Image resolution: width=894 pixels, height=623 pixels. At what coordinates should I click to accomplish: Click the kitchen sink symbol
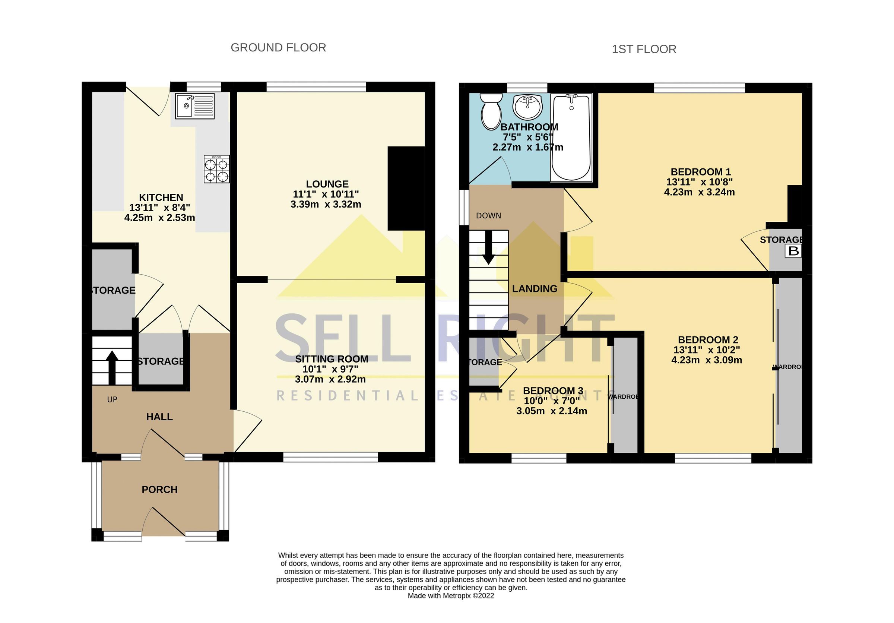[x=194, y=106]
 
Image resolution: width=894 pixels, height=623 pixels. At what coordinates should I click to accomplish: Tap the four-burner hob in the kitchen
[x=216, y=169]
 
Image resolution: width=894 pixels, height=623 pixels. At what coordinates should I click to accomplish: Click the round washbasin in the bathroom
[x=527, y=107]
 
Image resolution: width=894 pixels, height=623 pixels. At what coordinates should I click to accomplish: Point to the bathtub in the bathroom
[x=571, y=138]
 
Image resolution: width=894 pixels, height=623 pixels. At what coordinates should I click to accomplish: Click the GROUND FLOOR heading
[x=278, y=47]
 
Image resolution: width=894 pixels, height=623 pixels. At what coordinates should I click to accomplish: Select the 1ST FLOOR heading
[x=644, y=49]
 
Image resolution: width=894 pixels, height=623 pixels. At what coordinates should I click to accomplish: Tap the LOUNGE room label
[x=327, y=184]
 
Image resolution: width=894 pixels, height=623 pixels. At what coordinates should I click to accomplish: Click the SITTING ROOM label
[x=332, y=358]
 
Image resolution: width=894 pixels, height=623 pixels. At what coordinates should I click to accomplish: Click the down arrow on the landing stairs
[x=488, y=252]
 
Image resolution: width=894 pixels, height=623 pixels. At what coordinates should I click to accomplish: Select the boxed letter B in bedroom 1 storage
[x=793, y=251]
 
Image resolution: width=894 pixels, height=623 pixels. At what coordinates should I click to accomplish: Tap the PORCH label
[x=159, y=490]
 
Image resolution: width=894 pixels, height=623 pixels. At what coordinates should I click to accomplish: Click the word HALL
[x=159, y=417]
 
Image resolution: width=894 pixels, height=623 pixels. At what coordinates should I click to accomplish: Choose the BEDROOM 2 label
[x=708, y=339]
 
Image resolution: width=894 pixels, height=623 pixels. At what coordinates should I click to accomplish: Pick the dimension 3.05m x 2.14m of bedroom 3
[x=551, y=411]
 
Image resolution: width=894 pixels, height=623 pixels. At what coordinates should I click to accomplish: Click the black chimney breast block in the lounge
[x=406, y=188]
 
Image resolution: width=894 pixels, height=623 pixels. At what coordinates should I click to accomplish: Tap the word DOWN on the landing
[x=488, y=215]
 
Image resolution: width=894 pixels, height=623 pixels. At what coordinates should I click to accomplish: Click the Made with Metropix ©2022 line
[x=450, y=596]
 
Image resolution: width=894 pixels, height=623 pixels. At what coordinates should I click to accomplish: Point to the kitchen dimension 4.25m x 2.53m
[x=159, y=218]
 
